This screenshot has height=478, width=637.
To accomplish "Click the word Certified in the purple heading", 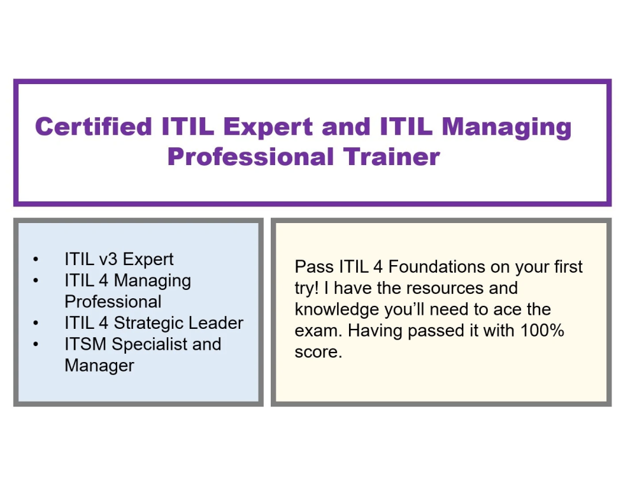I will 94,126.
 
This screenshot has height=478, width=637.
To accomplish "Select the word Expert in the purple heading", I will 269,126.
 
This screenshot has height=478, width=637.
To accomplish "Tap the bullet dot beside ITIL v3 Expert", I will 35,260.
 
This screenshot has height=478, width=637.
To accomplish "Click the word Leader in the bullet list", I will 217,323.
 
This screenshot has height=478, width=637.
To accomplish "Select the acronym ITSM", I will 86,344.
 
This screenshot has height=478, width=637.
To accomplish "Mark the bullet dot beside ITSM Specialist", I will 35,345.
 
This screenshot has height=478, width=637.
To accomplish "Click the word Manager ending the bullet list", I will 99,366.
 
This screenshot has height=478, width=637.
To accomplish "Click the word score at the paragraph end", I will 318,352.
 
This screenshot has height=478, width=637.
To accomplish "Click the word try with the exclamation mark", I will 307,289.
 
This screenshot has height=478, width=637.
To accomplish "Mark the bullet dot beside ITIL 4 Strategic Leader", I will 35,324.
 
